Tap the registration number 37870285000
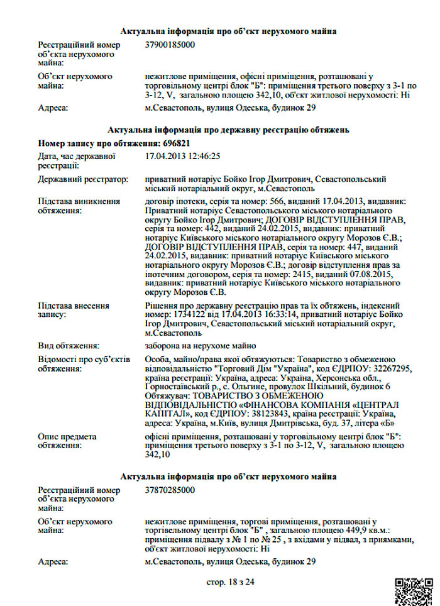(170, 490)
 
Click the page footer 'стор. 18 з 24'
(231, 582)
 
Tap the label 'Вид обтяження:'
(69, 346)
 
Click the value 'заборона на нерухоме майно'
(200, 346)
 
